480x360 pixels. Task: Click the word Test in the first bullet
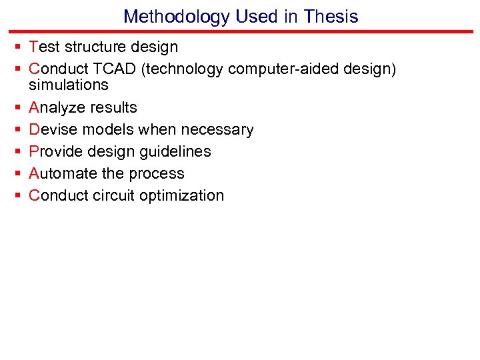(45, 47)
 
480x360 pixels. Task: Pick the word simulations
(68, 85)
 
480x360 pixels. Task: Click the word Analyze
(56, 107)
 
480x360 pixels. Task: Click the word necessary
(220, 129)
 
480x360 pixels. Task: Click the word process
(159, 173)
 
